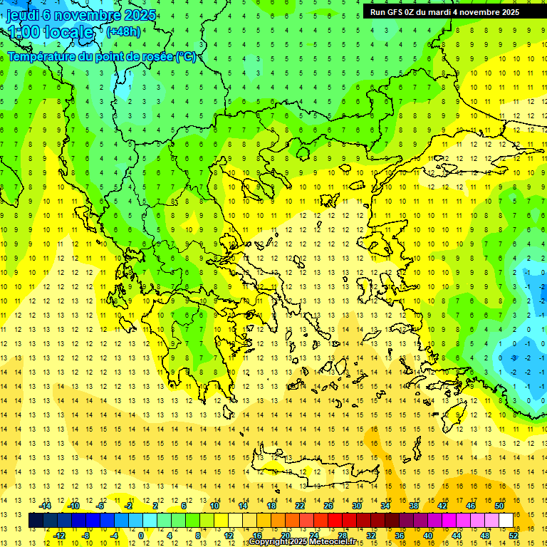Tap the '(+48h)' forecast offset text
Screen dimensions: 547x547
pos(123,31)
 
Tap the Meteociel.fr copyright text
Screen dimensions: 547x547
pos(302,542)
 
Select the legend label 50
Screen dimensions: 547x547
pos(499,506)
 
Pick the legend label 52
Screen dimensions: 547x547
pos(514,535)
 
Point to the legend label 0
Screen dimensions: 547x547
pos(141,535)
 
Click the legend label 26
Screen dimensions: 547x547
pos(328,506)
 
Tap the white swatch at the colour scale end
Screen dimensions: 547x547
pos(506,521)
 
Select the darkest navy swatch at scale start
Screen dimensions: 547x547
pos(36,521)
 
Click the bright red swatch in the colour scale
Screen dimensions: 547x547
pos(335,521)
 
